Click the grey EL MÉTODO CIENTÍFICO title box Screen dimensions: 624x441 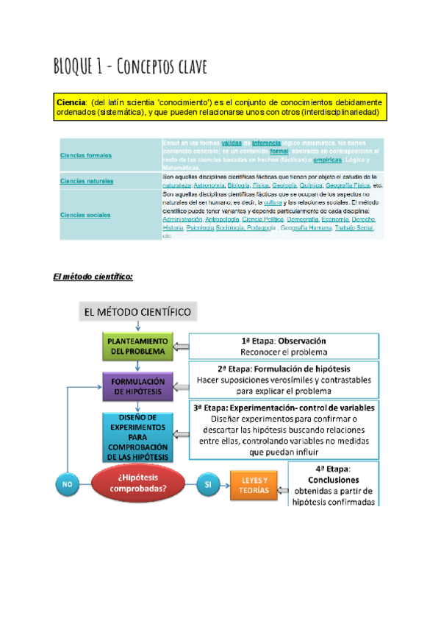137,312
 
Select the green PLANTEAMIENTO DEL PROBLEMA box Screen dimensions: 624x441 137,347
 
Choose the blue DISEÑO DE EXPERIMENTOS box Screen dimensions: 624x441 137,437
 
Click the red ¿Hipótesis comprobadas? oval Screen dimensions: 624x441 138,483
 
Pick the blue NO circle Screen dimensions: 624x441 68,484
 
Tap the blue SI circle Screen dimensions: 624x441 208,484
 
